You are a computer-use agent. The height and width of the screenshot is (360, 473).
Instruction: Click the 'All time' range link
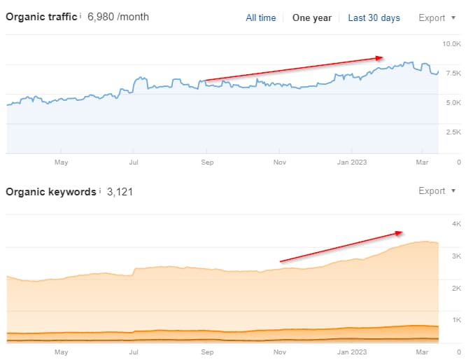point(260,18)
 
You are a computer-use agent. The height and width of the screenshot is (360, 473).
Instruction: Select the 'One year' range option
point(311,18)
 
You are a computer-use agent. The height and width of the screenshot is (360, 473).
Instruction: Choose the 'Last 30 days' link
point(374,18)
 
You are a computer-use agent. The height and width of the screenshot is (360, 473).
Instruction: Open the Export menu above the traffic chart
point(437,18)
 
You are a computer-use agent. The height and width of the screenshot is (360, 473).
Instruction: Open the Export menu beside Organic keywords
point(437,191)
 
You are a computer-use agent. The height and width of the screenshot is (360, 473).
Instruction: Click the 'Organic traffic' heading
point(41,16)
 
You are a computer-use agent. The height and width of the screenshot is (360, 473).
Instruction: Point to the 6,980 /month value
point(118,17)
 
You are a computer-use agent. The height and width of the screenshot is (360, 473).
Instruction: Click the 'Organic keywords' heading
point(50,191)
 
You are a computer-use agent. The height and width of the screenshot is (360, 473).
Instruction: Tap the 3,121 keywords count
point(120,191)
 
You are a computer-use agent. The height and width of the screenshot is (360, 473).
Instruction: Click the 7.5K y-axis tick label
point(452,73)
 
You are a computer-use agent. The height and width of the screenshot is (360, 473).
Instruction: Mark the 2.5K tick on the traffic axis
point(452,132)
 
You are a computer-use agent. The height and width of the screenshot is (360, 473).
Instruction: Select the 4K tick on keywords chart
point(456,224)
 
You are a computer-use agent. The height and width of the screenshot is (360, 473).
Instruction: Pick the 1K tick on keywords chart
point(456,320)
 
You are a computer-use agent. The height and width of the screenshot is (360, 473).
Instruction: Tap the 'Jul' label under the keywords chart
point(134,351)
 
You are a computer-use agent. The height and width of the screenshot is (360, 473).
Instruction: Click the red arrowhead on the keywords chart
point(400,233)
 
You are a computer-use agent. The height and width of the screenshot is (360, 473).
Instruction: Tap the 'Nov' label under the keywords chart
point(280,351)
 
